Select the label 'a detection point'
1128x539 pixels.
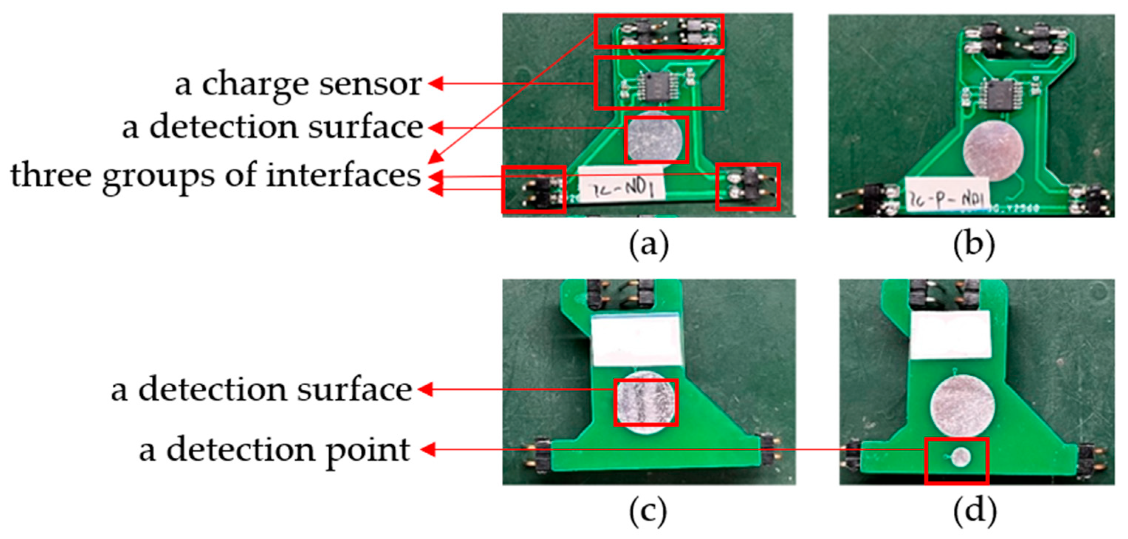coord(275,450)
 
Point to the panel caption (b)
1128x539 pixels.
coord(974,245)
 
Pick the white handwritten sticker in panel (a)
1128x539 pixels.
coord(621,188)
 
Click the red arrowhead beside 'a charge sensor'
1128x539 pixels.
coord(435,83)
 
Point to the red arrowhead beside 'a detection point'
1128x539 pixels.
coord(428,449)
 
